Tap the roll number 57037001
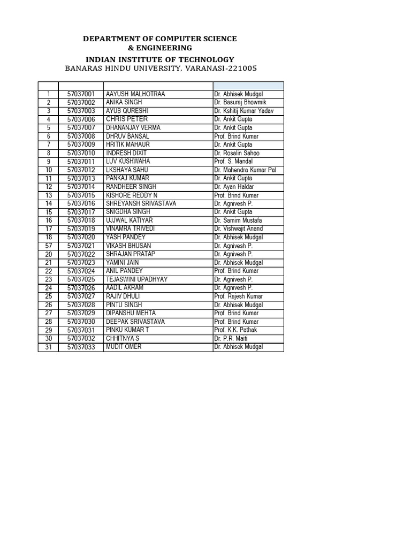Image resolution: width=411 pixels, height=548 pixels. pyautogui.click(x=81, y=94)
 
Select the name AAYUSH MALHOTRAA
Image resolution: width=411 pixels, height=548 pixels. pyautogui.click(x=135, y=94)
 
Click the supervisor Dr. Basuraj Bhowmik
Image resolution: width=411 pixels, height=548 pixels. pyautogui.click(x=240, y=102)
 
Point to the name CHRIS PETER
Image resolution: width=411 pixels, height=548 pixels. pyautogui.click(x=127, y=119)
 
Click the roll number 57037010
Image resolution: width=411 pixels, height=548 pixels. pyautogui.click(x=81, y=153)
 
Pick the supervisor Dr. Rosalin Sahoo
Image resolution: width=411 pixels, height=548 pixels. pyautogui.click(x=238, y=153)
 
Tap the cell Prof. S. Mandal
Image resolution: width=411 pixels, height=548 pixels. pyautogui.click(x=233, y=161)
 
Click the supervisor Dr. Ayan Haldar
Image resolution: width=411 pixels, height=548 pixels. pyautogui.click(x=235, y=187)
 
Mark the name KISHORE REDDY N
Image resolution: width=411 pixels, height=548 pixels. pyautogui.click(x=132, y=195)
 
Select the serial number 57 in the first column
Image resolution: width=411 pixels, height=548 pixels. pyautogui.click(x=48, y=246)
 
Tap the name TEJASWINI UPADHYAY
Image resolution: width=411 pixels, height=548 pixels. pyautogui.click(x=137, y=279)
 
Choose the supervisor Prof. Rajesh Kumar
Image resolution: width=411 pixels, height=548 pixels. pyautogui.click(x=239, y=296)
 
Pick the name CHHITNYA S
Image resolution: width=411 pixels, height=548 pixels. pyautogui.click(x=123, y=338)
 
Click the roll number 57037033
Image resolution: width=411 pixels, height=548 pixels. pyautogui.click(x=81, y=347)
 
